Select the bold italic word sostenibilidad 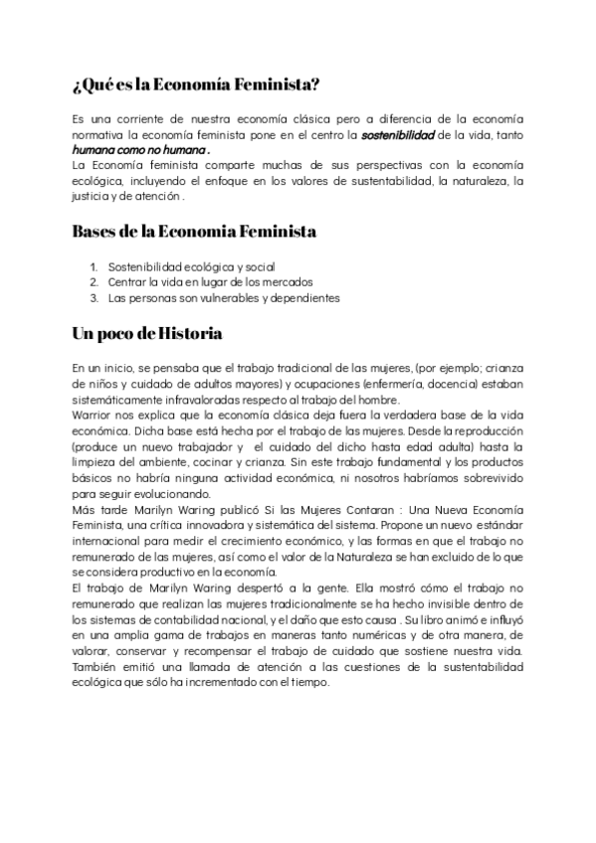click(398, 133)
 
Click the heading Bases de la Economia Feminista click(194, 232)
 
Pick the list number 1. click(94, 266)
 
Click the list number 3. click(94, 297)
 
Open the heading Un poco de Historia click(147, 332)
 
